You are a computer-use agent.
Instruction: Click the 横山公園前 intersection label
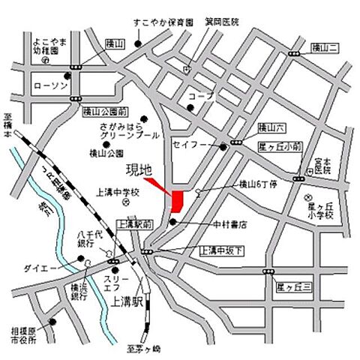[x=101, y=111]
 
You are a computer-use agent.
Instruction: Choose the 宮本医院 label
[x=322, y=165]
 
